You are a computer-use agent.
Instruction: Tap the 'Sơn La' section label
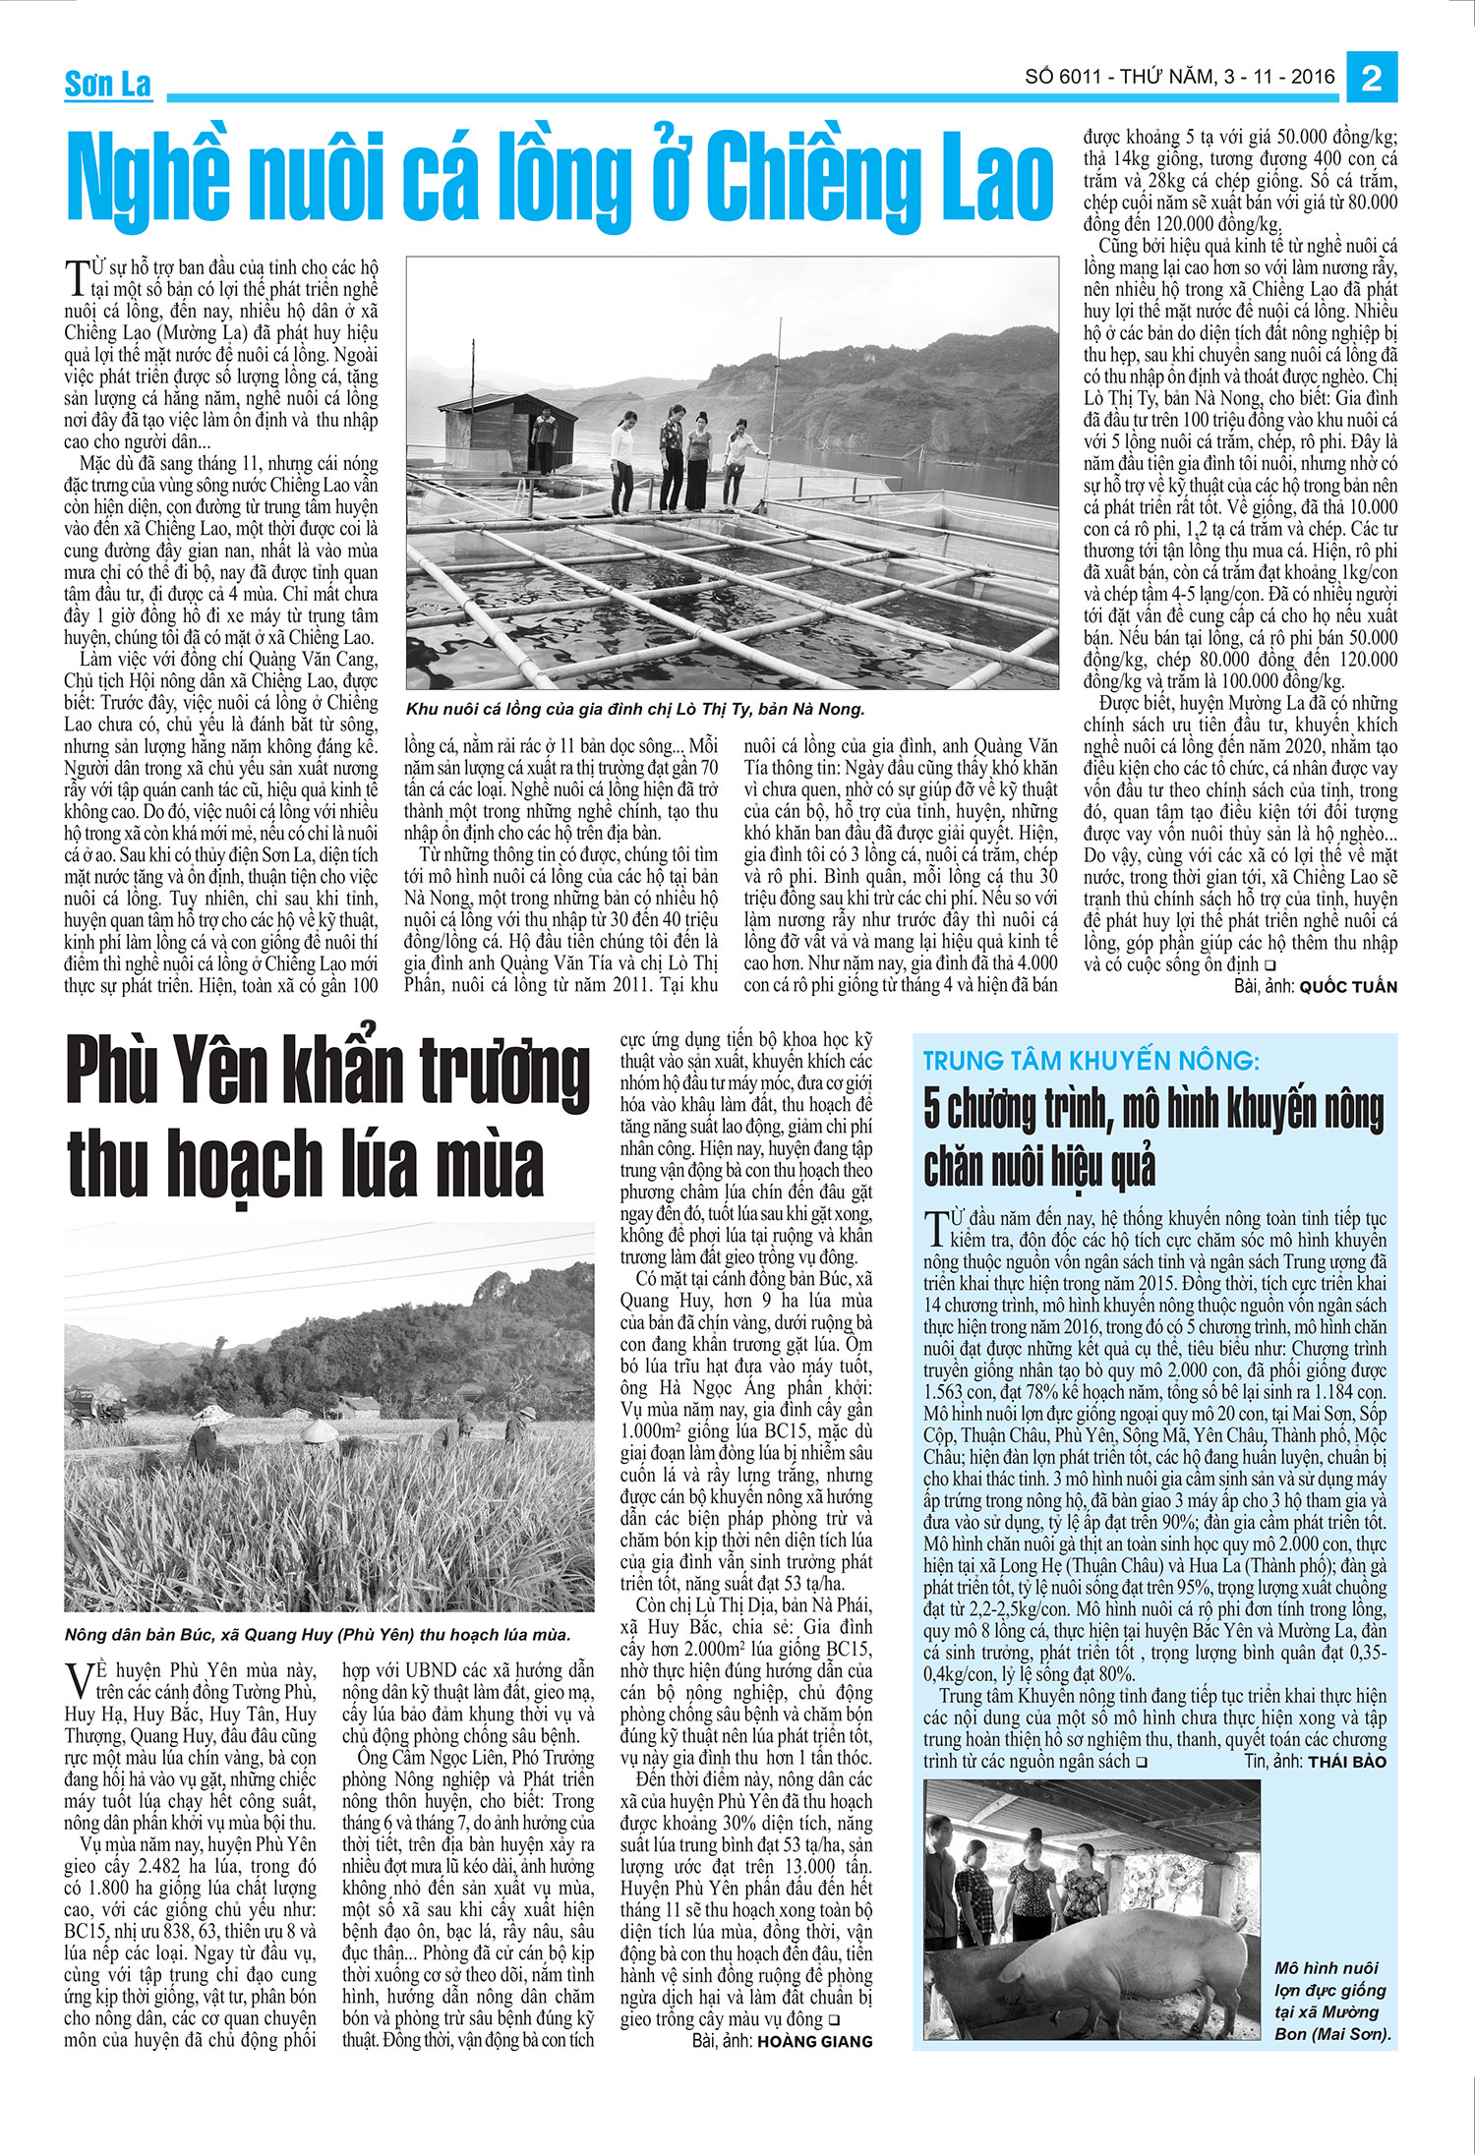108,86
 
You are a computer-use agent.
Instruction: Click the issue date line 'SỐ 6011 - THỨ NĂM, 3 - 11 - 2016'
1180,77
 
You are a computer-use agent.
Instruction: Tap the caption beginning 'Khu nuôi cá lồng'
634,709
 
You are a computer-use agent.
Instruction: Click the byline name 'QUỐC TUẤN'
1347,986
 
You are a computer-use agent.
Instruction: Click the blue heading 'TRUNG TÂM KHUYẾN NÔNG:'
1091,1061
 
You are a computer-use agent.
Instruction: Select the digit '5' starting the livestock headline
933,1110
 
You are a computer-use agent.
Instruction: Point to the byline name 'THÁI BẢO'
1346,1761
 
